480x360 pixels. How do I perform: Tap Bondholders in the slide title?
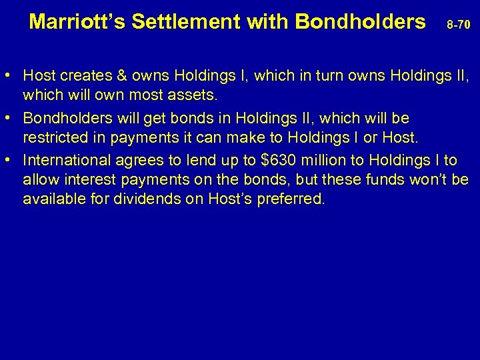tap(360, 22)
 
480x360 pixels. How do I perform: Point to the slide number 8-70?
tap(458, 25)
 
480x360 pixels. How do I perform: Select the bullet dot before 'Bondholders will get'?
tap(13, 118)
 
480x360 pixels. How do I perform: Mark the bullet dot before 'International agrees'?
tap(13, 160)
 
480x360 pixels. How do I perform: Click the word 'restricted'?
tap(52, 139)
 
